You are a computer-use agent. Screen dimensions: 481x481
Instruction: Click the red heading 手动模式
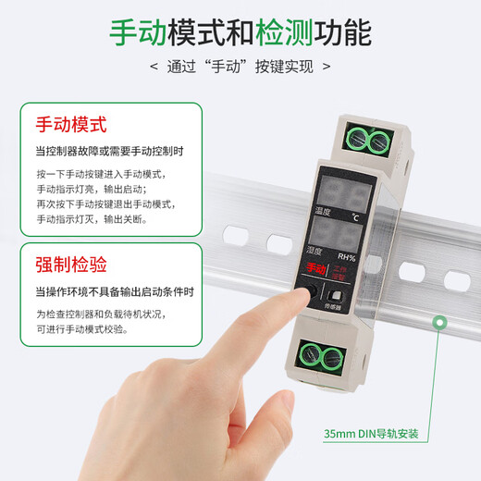click(x=72, y=124)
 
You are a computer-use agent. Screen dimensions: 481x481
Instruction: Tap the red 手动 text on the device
click(x=314, y=267)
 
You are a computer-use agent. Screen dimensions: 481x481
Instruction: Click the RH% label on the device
click(x=346, y=257)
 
